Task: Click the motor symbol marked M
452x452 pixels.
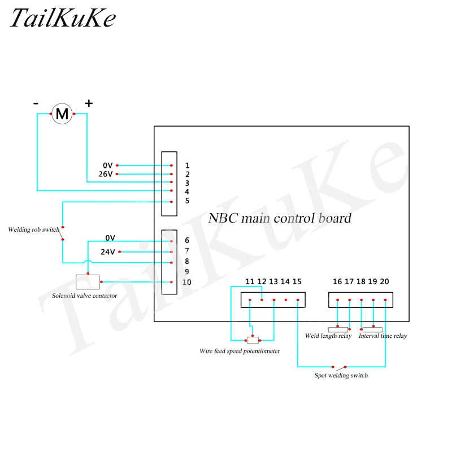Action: (x=63, y=114)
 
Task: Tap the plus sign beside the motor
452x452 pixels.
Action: (x=89, y=103)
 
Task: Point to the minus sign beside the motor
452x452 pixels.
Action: (x=36, y=103)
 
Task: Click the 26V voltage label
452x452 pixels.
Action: (x=106, y=174)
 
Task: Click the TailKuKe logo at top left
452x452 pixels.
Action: (x=62, y=19)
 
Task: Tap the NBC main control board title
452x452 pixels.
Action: (x=280, y=218)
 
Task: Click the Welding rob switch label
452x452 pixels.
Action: (x=33, y=230)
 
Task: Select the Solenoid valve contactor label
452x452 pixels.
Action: (x=85, y=295)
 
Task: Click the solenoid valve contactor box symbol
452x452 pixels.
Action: (x=88, y=281)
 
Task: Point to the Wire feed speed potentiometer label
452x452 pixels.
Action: (x=240, y=351)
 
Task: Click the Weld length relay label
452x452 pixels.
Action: (x=328, y=336)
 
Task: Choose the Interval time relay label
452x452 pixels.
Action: (x=383, y=336)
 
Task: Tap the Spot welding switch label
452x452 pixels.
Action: (x=341, y=375)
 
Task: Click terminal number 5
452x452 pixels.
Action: (x=187, y=201)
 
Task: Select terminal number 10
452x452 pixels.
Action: (x=188, y=282)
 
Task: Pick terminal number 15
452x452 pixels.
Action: (x=297, y=281)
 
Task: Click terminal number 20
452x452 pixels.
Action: (x=385, y=281)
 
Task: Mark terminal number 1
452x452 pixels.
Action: (x=187, y=166)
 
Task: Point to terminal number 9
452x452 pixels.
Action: (x=187, y=271)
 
